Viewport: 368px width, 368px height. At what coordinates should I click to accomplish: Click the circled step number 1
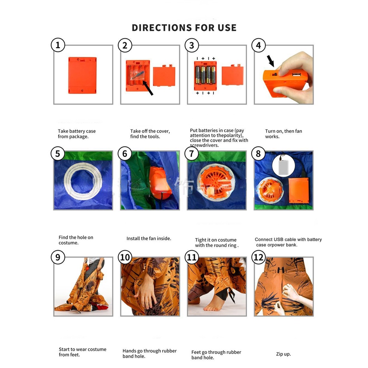58,45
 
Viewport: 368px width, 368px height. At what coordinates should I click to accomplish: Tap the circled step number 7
191,154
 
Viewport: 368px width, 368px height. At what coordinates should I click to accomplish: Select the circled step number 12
258,257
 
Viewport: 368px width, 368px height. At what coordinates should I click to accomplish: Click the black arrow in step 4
270,61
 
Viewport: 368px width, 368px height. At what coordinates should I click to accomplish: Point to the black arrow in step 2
148,88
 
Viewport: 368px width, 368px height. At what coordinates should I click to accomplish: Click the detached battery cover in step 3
232,75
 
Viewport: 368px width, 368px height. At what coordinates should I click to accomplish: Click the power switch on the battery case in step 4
275,74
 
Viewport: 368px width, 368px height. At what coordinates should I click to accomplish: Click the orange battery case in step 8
298,190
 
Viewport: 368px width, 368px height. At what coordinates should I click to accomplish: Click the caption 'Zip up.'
283,354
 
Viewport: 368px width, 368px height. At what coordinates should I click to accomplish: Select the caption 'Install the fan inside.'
149,238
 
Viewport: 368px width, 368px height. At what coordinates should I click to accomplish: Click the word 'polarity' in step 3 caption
233,135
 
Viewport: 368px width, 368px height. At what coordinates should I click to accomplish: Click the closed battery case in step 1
82,75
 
